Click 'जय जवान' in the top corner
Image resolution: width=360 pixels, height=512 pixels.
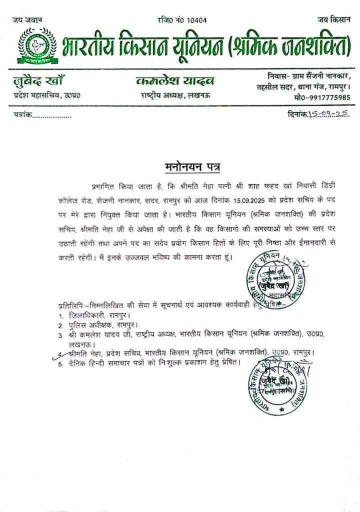[27, 20]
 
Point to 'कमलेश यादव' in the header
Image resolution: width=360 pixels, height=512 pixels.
[175, 81]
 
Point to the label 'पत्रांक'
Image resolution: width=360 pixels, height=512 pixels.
[23, 115]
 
